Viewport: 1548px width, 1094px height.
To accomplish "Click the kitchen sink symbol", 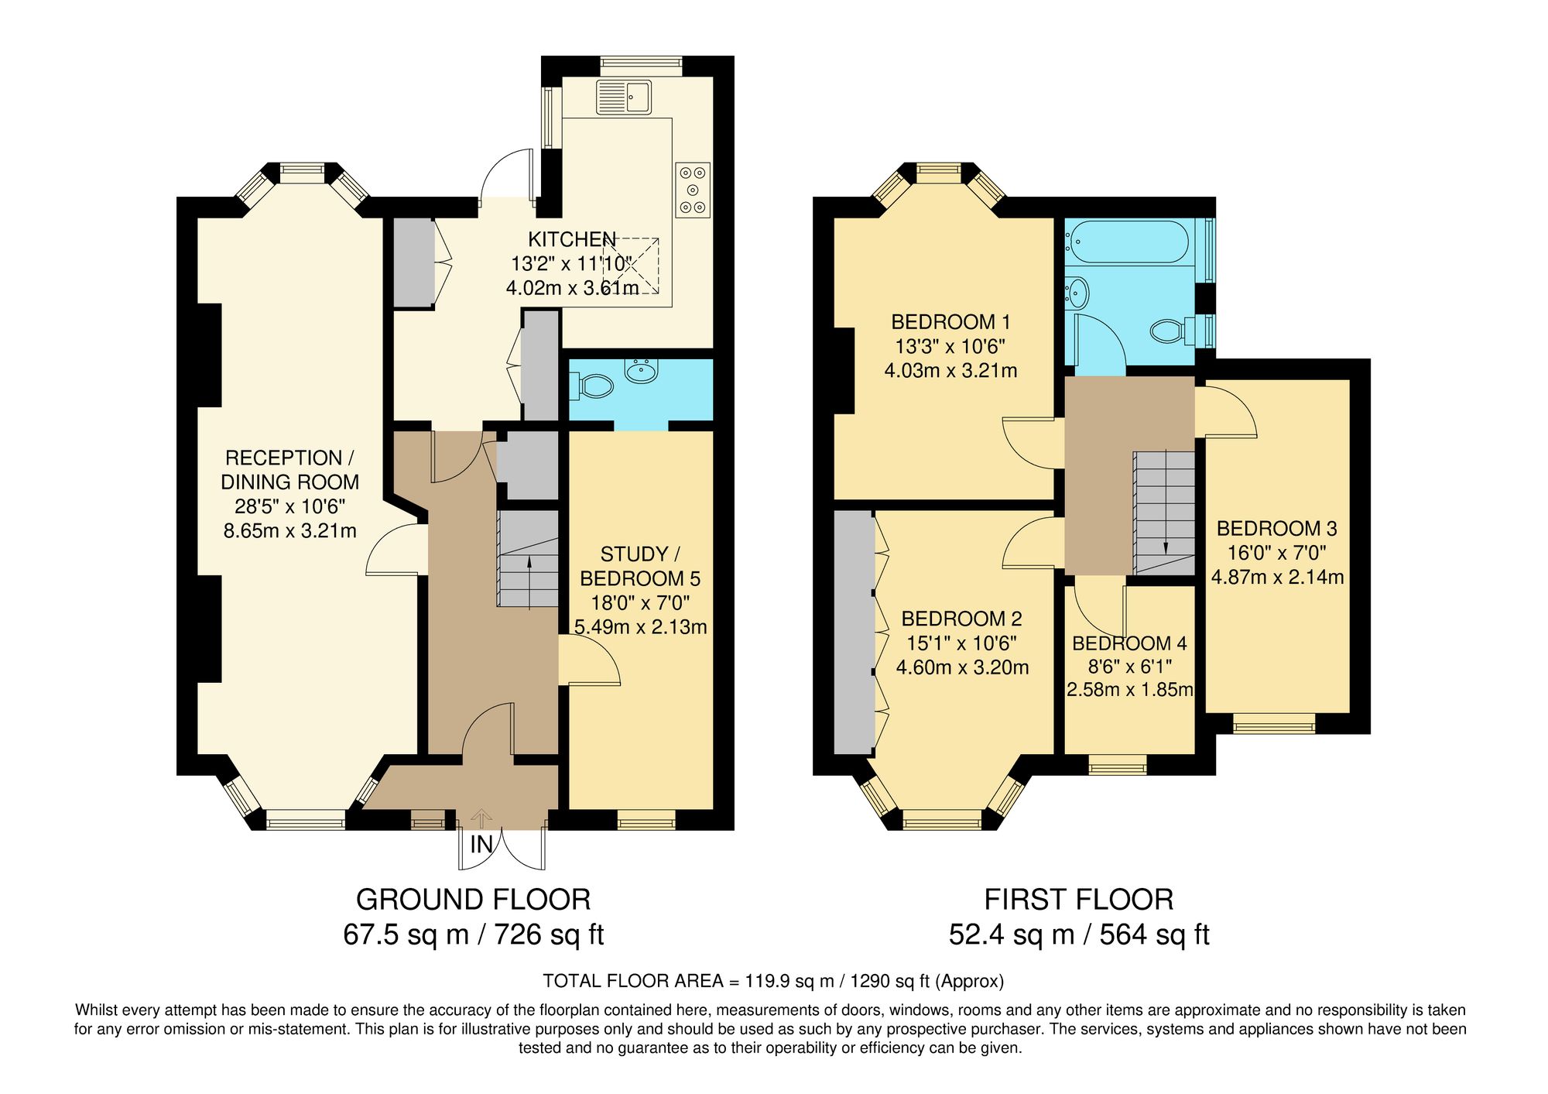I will [x=623, y=97].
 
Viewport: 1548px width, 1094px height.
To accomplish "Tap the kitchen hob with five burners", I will [x=693, y=190].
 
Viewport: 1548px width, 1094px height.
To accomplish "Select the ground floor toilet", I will [x=593, y=385].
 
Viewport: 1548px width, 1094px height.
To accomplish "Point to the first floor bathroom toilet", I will [x=1169, y=331].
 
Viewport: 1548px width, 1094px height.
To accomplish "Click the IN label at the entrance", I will [x=481, y=845].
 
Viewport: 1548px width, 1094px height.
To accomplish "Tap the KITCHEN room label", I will [x=572, y=239].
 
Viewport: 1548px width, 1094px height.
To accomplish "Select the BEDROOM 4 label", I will [x=1129, y=643].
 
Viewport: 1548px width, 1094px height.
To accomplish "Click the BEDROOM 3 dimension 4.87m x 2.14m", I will [x=1277, y=578].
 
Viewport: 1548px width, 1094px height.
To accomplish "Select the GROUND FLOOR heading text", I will [x=473, y=900].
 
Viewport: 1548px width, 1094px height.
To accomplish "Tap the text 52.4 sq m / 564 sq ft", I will [x=1079, y=935].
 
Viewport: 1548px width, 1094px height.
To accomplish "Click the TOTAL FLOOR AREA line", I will [x=773, y=981].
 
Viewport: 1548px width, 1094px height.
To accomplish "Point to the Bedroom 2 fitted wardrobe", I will [x=854, y=631].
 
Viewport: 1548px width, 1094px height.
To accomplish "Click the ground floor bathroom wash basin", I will [x=641, y=372].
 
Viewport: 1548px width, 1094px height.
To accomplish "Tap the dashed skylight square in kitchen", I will [x=631, y=266].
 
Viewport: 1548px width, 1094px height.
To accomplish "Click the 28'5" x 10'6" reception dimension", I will [x=289, y=506].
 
